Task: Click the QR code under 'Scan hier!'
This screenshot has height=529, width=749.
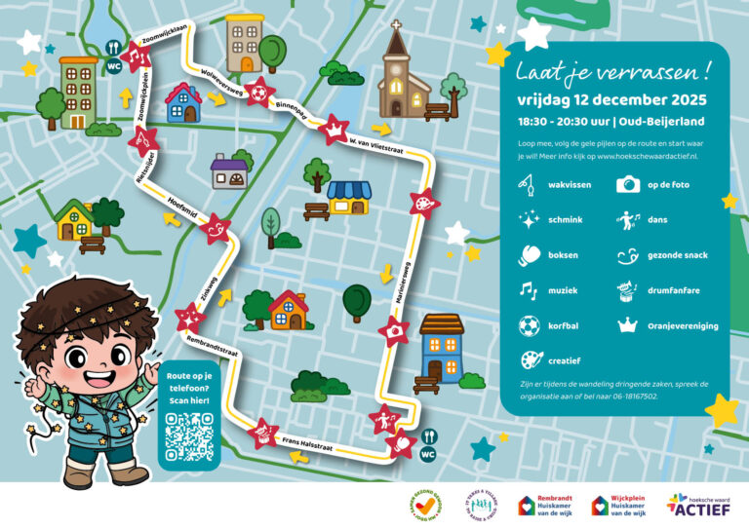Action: (189, 435)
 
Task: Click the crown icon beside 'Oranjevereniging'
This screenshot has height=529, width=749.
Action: (628, 325)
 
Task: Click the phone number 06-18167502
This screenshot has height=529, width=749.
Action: (632, 397)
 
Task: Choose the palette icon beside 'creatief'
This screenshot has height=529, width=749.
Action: (530, 360)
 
